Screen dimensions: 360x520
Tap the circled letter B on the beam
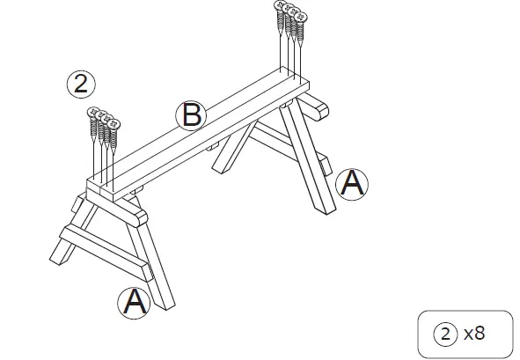190,115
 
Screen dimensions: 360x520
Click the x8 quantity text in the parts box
474,333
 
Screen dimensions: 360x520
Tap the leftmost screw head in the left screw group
92,112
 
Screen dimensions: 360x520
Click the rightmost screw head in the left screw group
114,123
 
